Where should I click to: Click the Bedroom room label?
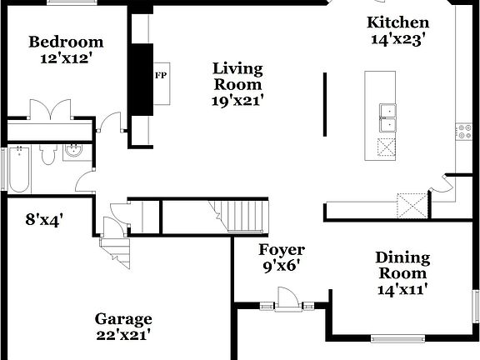click(x=66, y=42)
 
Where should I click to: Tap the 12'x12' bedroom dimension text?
click(x=66, y=59)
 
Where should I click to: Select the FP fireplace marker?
click(x=161, y=74)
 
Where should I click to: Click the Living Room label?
click(x=237, y=76)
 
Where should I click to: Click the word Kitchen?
click(x=398, y=22)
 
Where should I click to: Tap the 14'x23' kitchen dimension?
click(x=398, y=38)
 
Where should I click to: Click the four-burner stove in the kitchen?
click(x=462, y=130)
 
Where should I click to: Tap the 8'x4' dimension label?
click(x=44, y=220)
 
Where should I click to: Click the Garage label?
click(x=122, y=319)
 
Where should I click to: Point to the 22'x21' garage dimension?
click(x=122, y=336)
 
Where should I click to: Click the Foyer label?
click(x=281, y=250)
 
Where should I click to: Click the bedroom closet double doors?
click(x=50, y=110)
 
